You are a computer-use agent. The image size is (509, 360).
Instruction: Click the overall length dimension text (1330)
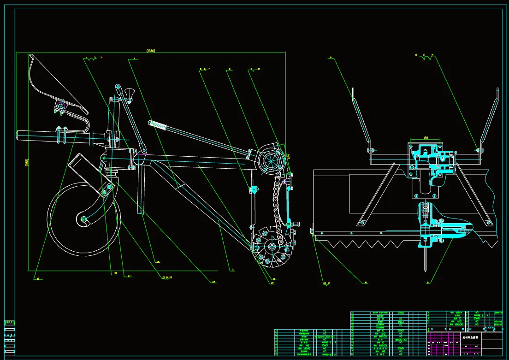[150, 50]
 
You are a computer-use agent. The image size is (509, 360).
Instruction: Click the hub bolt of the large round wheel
[83, 219]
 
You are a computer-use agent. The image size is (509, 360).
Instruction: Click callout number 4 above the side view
[134, 59]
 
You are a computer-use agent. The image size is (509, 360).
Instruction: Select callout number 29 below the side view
[37, 278]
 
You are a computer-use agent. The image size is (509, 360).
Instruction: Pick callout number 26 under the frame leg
[158, 262]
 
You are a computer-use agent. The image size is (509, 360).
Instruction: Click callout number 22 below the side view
[213, 282]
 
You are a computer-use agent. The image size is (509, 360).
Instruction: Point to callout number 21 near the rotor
[233, 269]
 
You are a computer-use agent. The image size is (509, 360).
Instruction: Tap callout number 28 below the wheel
[115, 273]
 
